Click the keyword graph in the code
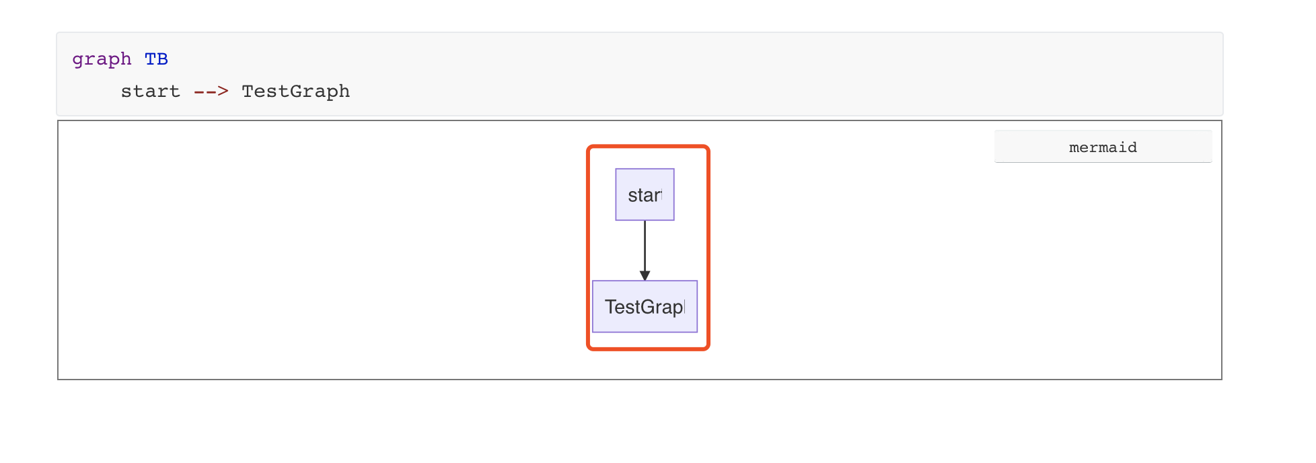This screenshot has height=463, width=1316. coord(102,59)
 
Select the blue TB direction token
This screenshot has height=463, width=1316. coord(156,59)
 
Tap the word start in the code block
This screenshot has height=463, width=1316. coord(150,92)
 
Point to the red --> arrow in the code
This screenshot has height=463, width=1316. coord(211,92)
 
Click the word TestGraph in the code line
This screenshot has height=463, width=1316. coord(295,92)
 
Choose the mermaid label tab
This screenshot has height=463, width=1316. coord(1103,147)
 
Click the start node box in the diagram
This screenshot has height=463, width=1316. coord(645,194)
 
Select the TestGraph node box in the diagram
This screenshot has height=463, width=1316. coord(645,306)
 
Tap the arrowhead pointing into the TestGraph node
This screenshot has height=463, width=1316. coord(645,275)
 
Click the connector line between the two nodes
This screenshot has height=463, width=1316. coord(645,246)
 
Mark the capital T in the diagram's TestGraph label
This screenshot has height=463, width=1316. coord(610,307)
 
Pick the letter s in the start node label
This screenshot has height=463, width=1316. coord(632,196)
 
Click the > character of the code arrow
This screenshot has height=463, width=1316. coord(223,92)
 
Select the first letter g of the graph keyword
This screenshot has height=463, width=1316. coord(78,60)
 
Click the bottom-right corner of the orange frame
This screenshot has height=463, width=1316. coord(708,348)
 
